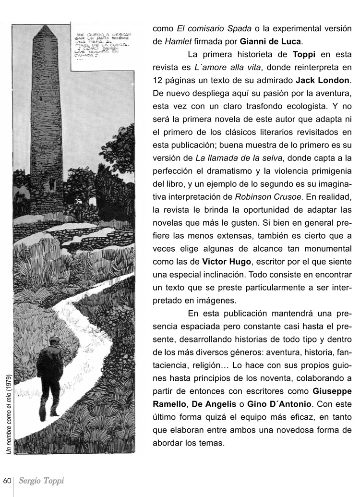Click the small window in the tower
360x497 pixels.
click(x=52, y=183)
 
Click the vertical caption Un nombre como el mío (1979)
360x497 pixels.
click(x=9, y=413)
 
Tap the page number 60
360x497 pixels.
click(x=7, y=481)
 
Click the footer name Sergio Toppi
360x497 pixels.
click(x=41, y=481)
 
